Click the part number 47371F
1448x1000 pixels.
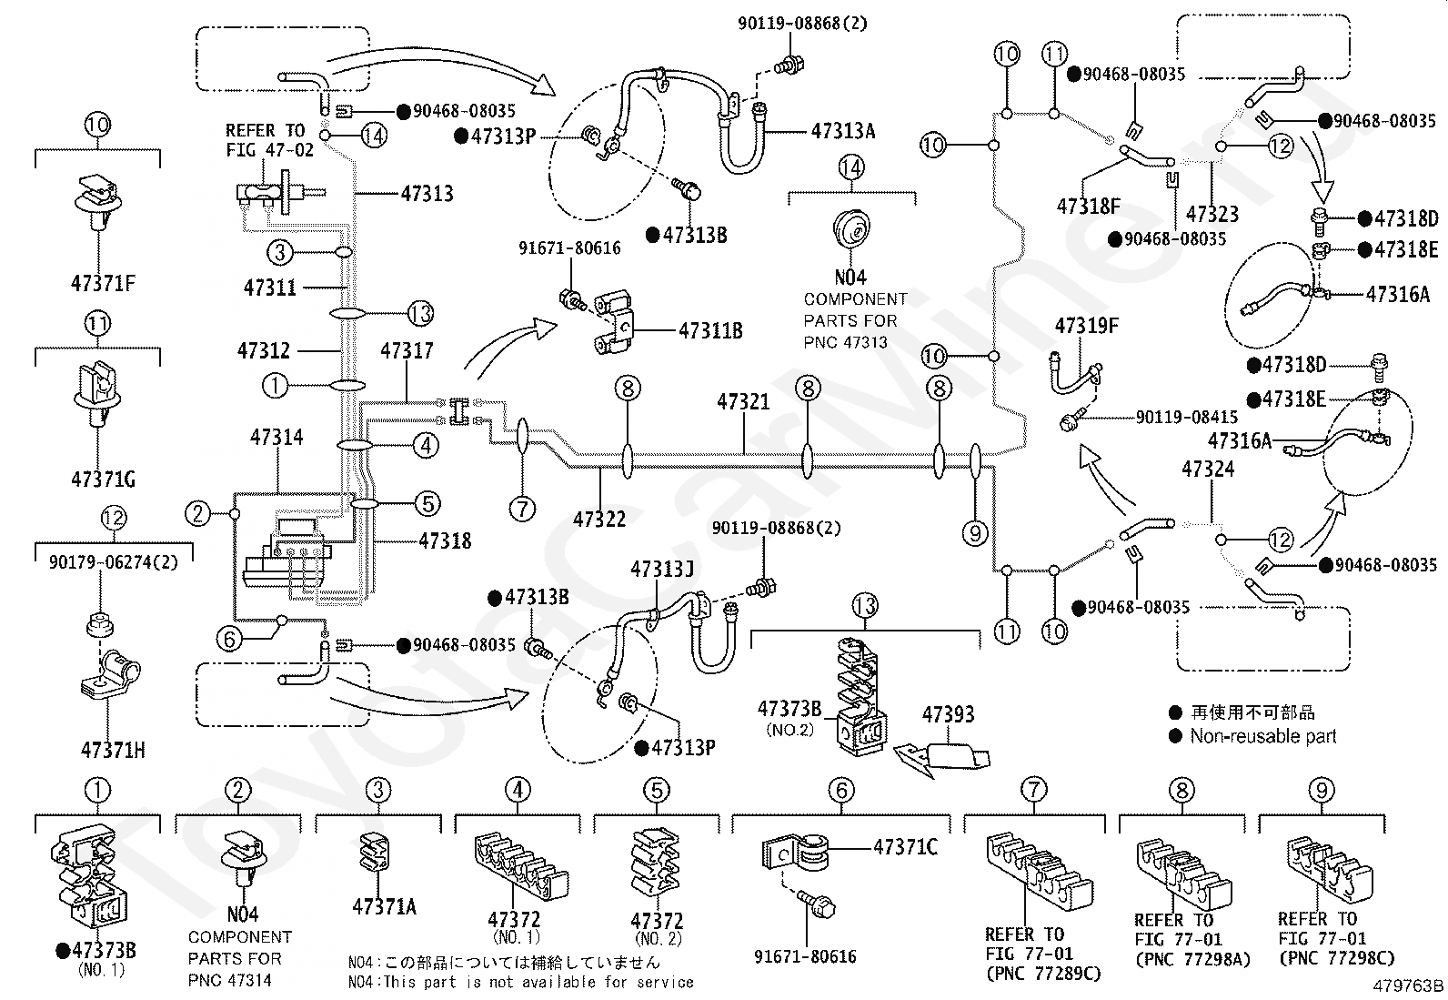[x=102, y=284]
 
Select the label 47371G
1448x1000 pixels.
[x=102, y=478]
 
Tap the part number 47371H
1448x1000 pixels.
[x=113, y=750]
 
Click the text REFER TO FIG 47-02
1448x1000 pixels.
[x=265, y=139]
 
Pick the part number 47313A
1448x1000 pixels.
[x=842, y=131]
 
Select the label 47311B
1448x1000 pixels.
[x=709, y=330]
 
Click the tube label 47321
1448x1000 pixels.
[x=742, y=401]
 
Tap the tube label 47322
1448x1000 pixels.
[x=599, y=519]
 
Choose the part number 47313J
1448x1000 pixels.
[x=661, y=569]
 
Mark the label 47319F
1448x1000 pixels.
[x=1086, y=326]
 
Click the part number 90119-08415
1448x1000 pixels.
[x=1186, y=418]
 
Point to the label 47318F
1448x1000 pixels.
[x=1088, y=207]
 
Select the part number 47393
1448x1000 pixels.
[x=948, y=714]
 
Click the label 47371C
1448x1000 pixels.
[x=905, y=847]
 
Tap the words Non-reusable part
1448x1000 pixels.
[x=1262, y=736]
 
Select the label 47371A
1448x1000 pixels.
[x=384, y=906]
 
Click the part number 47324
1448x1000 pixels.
[x=1208, y=469]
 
